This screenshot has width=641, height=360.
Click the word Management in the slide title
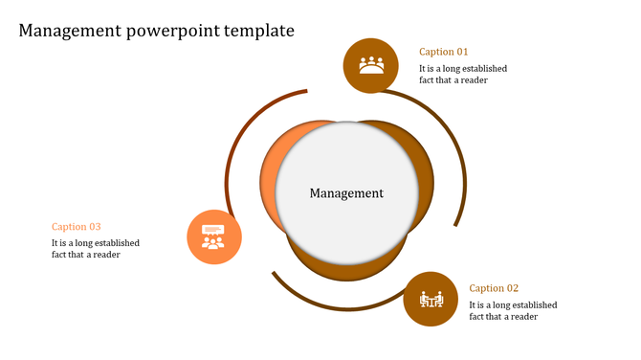pyautogui.click(x=69, y=31)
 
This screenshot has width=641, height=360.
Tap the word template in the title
pyautogui.click(x=259, y=31)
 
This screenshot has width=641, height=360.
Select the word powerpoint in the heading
pyautogui.click(x=172, y=31)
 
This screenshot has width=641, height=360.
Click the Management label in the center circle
pyautogui.click(x=346, y=193)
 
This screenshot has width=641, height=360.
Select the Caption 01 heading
pyautogui.click(x=444, y=52)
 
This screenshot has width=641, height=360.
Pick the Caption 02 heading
pyautogui.click(x=494, y=288)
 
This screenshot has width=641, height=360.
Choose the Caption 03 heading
pyautogui.click(x=77, y=227)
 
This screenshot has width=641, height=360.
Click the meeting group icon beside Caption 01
pyautogui.click(x=371, y=65)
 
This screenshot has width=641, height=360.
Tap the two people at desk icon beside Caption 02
pyautogui.click(x=431, y=300)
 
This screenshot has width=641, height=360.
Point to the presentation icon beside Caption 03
pyautogui.click(x=213, y=236)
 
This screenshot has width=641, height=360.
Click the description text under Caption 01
pyautogui.click(x=463, y=75)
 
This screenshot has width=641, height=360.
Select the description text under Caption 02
pyautogui.click(x=513, y=311)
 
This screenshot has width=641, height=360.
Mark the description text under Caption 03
pyautogui.click(x=96, y=249)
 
